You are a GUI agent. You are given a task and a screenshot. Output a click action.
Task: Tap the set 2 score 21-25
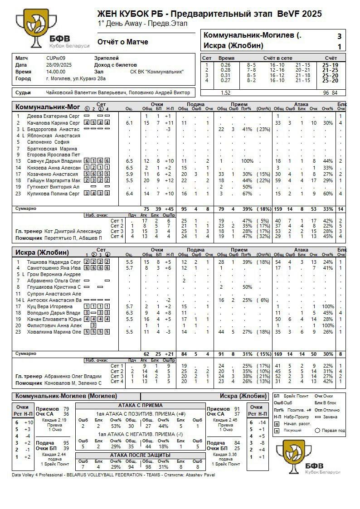pos(330,70)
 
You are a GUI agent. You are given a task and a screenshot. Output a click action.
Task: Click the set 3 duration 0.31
pos(225,75)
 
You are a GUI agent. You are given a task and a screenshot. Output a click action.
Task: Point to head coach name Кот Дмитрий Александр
pos(73,231)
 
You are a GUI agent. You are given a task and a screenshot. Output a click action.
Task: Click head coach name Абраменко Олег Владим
pos(73,376)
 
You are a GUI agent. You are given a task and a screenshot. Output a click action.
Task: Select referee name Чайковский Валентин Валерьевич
pos(86,92)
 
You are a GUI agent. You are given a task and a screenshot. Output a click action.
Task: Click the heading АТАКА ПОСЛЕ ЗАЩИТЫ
pos(140,455)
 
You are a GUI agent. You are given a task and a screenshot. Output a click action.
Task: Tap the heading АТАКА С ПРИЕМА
pos(140,405)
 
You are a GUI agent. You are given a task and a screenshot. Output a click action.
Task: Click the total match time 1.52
pos(225,92)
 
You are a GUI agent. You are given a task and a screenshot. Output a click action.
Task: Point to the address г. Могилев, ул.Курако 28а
pos(76,78)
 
